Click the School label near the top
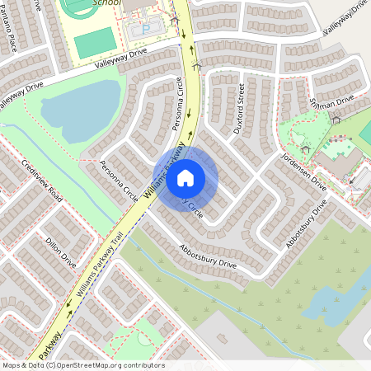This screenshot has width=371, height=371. (107, 3)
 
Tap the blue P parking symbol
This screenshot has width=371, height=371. (147, 31)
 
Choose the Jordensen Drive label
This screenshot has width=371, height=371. (303, 172)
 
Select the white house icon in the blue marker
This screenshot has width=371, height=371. (185, 177)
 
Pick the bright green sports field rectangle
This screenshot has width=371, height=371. (94, 43)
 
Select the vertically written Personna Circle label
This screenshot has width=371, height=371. (176, 98)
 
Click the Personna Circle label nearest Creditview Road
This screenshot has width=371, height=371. (118, 181)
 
